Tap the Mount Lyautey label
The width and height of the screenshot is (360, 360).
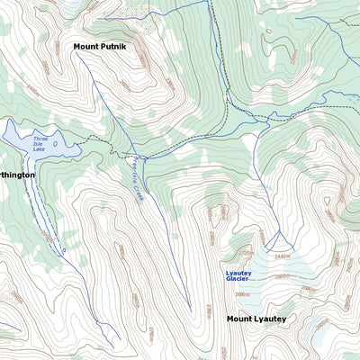pyautogui.click(x=256, y=319)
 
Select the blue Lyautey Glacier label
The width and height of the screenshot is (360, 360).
pyautogui.click(x=238, y=274)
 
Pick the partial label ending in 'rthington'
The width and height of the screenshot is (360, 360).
pyautogui.click(x=17, y=175)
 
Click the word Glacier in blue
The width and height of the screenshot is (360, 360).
pyautogui.click(x=237, y=279)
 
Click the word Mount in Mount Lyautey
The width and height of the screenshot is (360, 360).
pyautogui.click(x=238, y=319)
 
